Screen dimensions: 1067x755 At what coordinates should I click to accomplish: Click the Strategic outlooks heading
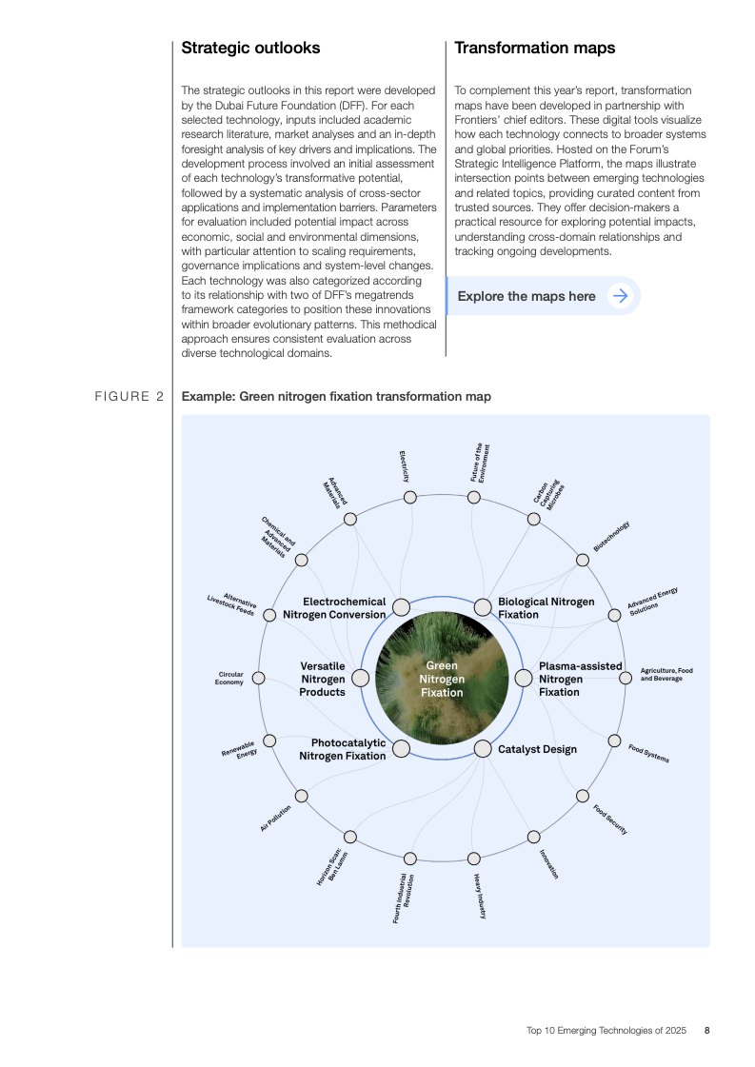pyautogui.click(x=250, y=48)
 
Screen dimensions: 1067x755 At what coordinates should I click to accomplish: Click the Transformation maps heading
pyautogui.click(x=534, y=48)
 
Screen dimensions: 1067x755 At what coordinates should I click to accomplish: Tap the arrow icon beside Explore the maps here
pyautogui.click(x=620, y=296)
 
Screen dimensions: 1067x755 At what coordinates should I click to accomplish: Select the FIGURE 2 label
pyautogui.click(x=131, y=397)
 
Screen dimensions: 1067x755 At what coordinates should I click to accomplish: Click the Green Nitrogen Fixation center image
pyautogui.click(x=441, y=679)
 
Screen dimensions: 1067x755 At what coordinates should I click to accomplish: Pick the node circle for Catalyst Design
pyautogui.click(x=482, y=748)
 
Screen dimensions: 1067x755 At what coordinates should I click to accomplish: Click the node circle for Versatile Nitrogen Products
pyautogui.click(x=360, y=679)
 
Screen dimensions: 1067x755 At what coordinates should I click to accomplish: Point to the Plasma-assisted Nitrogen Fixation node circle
pyautogui.click(x=523, y=679)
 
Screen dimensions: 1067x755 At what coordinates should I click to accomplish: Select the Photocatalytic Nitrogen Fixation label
pyautogui.click(x=343, y=749)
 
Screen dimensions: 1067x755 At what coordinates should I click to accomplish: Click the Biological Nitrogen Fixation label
pyautogui.click(x=546, y=607)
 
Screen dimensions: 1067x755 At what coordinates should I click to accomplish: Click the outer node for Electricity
pyautogui.click(x=409, y=498)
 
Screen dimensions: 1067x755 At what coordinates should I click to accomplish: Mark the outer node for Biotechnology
pyautogui.click(x=582, y=560)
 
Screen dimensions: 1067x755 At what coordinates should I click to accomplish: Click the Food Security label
pyautogui.click(x=610, y=820)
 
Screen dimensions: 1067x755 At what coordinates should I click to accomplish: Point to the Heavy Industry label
pyautogui.click(x=481, y=896)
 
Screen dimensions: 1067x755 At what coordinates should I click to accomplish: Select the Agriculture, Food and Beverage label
pyautogui.click(x=666, y=675)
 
